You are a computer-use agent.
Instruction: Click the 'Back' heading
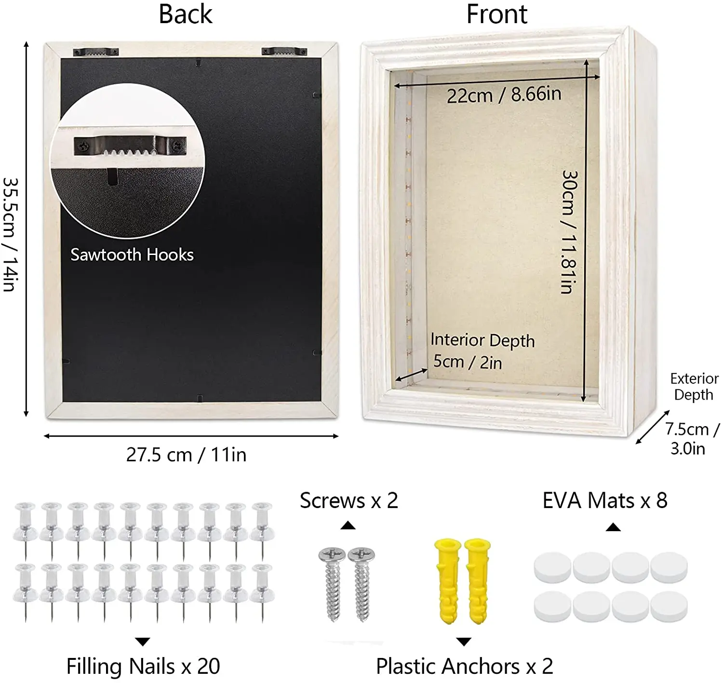point(186,14)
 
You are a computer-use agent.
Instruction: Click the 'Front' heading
point(496,14)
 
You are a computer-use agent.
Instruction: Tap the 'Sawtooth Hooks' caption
point(132,254)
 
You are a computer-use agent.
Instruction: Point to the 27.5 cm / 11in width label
point(186,455)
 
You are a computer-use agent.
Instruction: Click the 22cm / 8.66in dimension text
point(504,94)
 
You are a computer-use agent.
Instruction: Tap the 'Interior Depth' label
point(482,340)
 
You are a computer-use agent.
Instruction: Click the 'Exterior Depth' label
point(694,387)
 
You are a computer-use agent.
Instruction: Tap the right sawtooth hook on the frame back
point(284,51)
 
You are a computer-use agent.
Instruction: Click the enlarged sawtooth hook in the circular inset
point(130,146)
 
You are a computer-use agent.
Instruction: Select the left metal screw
point(333,583)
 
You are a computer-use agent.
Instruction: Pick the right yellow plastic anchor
point(478,580)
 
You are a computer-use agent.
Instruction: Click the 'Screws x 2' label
point(349,501)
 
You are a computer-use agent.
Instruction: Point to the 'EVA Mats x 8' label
point(605,501)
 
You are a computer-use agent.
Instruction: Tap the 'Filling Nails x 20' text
point(143,667)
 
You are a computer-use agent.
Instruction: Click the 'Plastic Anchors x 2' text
point(464,667)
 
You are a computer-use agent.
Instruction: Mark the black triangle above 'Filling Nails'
point(143,642)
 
